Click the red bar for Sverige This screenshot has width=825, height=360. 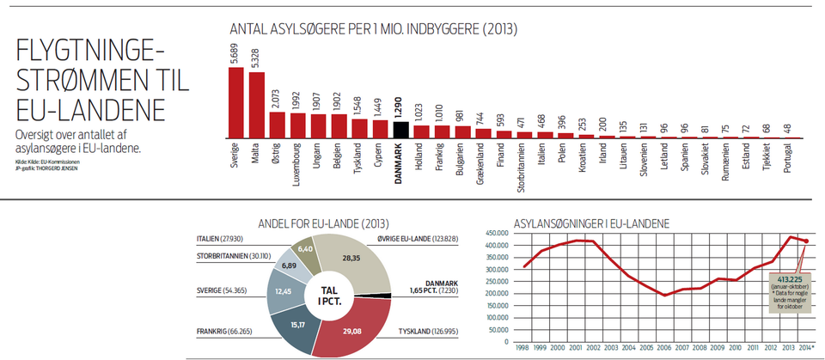(x=235, y=103)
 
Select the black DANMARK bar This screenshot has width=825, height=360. (x=400, y=130)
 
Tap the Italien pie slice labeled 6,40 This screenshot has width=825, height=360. (x=304, y=251)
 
